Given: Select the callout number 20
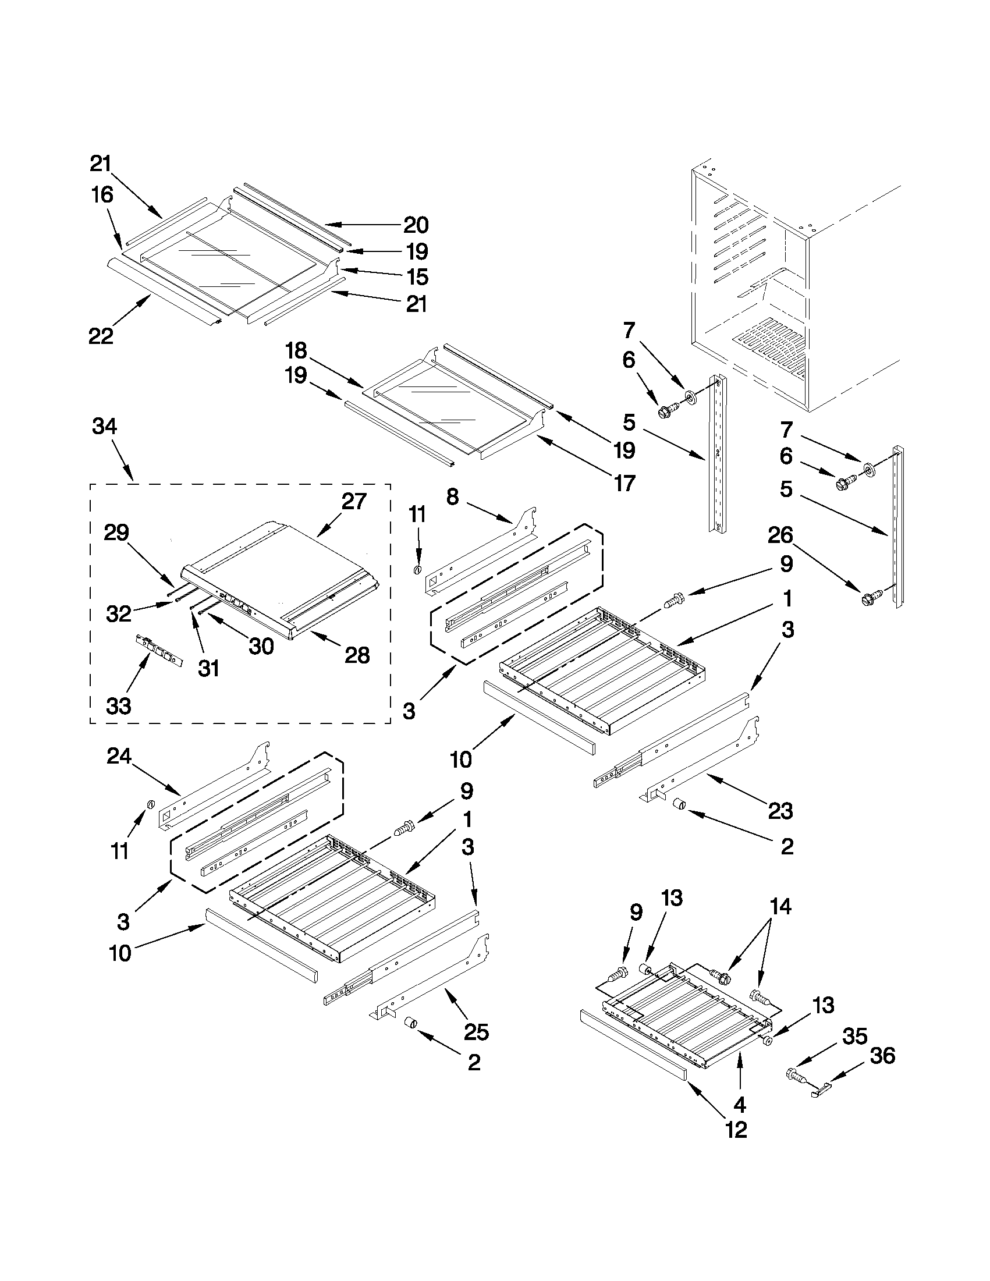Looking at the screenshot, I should (416, 225).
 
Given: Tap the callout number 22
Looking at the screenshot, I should (101, 336).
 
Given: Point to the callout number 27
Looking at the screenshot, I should (354, 502).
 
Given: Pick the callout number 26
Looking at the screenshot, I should (780, 535).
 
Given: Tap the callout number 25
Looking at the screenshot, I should (476, 1032).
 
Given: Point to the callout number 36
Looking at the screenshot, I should (883, 1056).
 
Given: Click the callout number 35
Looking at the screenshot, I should (854, 1036).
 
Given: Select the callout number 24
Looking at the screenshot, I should (119, 757).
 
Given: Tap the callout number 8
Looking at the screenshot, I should (452, 497).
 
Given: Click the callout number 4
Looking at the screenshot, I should (740, 1105).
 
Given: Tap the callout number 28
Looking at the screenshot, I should (357, 655).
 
